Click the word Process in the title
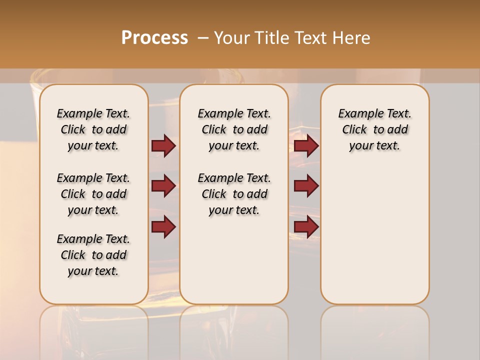pos(154,38)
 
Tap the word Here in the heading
pos(351,38)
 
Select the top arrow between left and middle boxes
pos(163,145)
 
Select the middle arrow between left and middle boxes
pos(163,186)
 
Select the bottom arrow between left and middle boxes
pos(163,226)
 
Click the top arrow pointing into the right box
pos(306,145)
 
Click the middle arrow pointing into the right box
pos(306,186)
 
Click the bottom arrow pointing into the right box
pos(306,226)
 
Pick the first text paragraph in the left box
pos(93,129)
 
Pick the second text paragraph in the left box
pos(93,194)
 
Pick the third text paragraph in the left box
pos(93,255)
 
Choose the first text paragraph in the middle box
pos(234,129)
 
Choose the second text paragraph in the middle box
pos(234,194)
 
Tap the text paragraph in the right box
pos(374,129)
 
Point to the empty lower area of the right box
pos(374,235)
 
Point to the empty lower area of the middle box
pos(234,260)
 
